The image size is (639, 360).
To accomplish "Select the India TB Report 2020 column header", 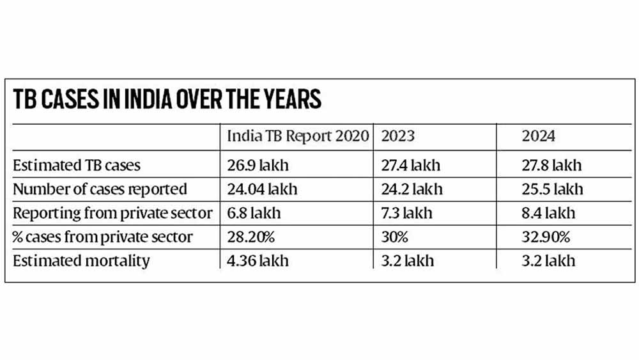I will click(x=298, y=136).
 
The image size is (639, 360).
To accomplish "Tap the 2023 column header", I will click(x=397, y=136).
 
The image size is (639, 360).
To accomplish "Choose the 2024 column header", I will click(x=539, y=136).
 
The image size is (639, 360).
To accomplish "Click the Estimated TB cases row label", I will click(x=77, y=165).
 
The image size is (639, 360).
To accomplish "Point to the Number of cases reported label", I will click(x=100, y=189).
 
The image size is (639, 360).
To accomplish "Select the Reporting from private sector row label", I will click(x=112, y=212).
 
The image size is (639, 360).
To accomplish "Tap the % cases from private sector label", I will click(x=102, y=237).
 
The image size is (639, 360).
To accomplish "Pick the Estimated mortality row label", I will click(x=81, y=260).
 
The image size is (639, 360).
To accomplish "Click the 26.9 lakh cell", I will click(x=258, y=165).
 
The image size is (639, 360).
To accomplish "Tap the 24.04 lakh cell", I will click(x=262, y=189).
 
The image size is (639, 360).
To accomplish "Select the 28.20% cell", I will click(x=252, y=237).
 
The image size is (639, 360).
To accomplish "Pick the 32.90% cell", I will click(x=547, y=237).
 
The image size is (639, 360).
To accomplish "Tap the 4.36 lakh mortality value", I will click(x=258, y=260).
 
